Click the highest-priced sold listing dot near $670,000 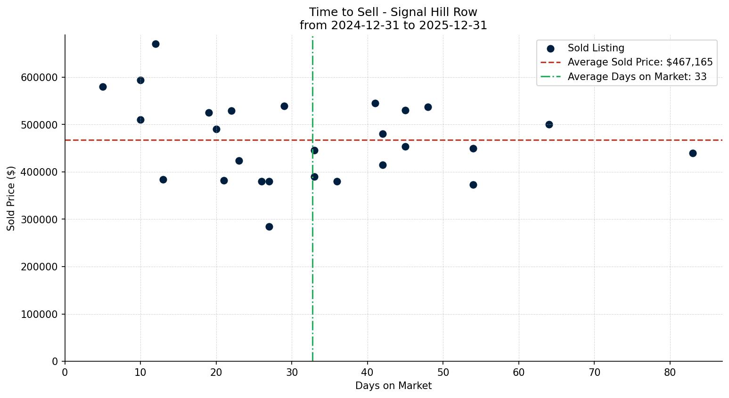156,44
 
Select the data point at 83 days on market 693,153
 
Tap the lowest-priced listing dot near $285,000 269,227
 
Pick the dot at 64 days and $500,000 549,124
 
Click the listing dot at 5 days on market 103,87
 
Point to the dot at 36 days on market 337,181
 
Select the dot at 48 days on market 428,107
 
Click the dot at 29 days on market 284,106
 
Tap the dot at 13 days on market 163,179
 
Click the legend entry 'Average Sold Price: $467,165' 640,62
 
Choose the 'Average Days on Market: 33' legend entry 637,77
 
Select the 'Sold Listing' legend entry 596,48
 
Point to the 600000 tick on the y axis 40,77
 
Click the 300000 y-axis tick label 40,219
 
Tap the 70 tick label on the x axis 594,372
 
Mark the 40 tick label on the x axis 367,372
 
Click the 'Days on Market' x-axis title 393,386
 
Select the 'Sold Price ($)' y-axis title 11,198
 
